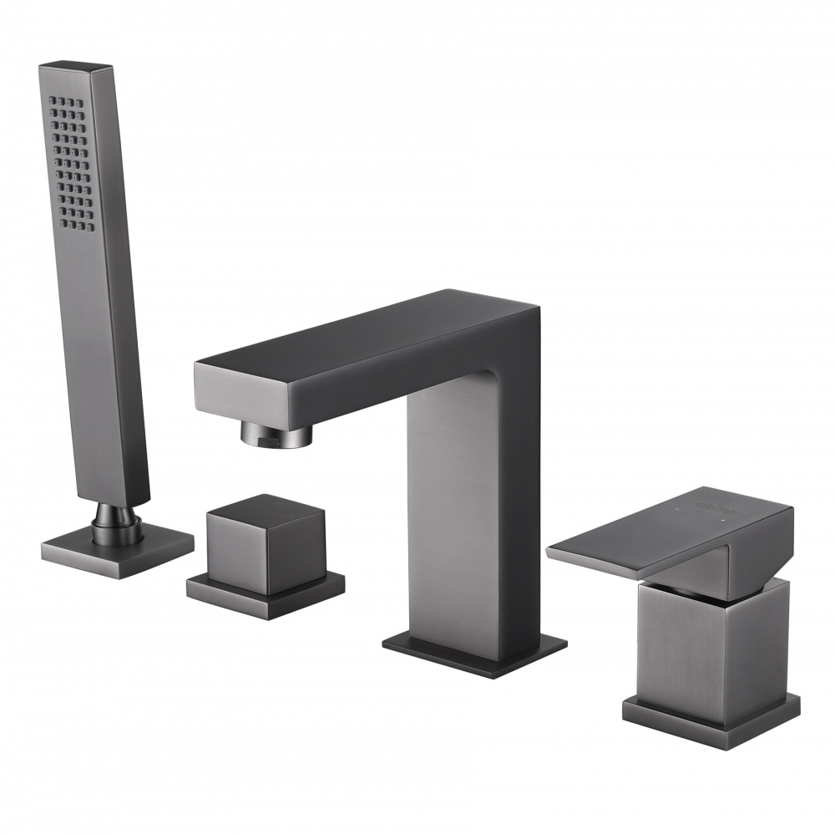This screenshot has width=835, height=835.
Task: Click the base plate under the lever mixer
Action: click(710, 715)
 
